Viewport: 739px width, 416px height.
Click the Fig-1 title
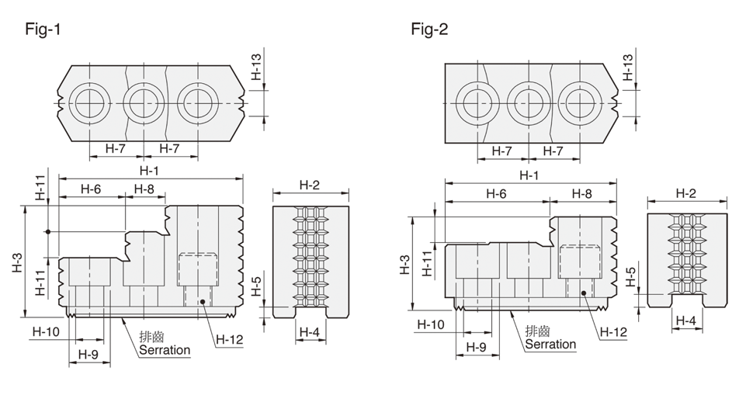click(43, 29)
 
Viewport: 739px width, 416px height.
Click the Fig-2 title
click(429, 29)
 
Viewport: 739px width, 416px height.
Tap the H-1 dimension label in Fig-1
click(149, 170)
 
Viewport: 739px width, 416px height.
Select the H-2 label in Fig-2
click(685, 193)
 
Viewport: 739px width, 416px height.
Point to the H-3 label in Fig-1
click(17, 263)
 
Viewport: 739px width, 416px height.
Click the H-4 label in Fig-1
click(309, 332)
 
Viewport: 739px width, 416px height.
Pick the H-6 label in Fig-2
click(496, 193)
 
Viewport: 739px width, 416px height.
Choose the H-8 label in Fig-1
click(144, 189)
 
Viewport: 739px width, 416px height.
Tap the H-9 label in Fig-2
click(476, 347)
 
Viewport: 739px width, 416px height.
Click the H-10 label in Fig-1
click(47, 331)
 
